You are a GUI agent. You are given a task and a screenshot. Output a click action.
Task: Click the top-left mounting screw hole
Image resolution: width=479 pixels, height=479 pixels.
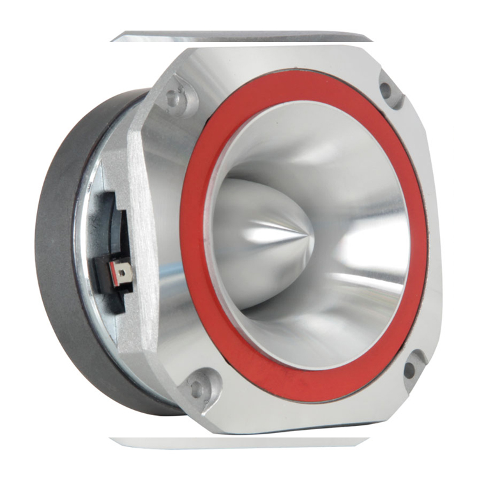[x=172, y=98]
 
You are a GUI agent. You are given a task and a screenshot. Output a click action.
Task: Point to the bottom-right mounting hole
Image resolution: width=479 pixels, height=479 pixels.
[x=409, y=368]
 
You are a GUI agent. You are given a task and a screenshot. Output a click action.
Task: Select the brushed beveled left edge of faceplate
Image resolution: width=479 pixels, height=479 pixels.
[x=142, y=243]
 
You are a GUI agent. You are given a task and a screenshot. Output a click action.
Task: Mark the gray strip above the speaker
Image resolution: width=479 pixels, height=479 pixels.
[x=243, y=36]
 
